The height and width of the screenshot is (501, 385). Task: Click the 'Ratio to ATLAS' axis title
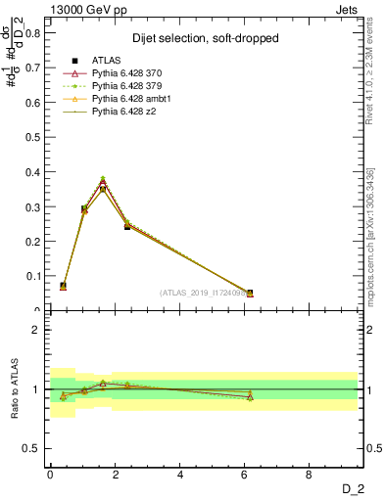point(14,389)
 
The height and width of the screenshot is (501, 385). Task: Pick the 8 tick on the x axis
point(310,474)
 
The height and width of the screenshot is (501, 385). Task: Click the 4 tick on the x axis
point(180,474)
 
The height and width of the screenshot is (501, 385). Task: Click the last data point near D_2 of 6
point(250,293)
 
